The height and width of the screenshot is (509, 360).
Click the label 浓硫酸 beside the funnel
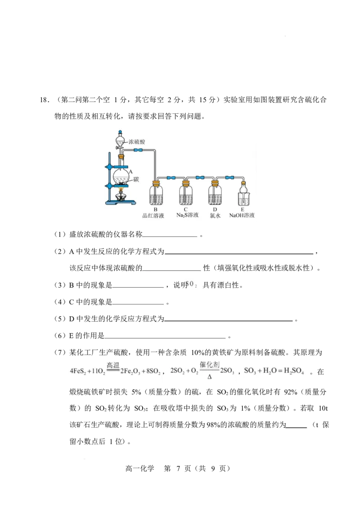point(136,142)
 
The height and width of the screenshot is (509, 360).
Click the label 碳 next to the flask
point(136,179)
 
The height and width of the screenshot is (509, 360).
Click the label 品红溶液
point(153,215)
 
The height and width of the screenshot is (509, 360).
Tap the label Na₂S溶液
point(187,215)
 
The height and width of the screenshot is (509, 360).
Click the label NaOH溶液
point(242,215)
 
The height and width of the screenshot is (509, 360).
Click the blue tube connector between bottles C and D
point(200,178)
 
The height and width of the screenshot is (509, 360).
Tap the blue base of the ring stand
point(120,203)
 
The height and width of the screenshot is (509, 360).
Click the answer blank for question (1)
point(170,237)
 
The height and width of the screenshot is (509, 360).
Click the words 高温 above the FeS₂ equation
point(113,365)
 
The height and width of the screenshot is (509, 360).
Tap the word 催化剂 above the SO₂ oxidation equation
point(210,365)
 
